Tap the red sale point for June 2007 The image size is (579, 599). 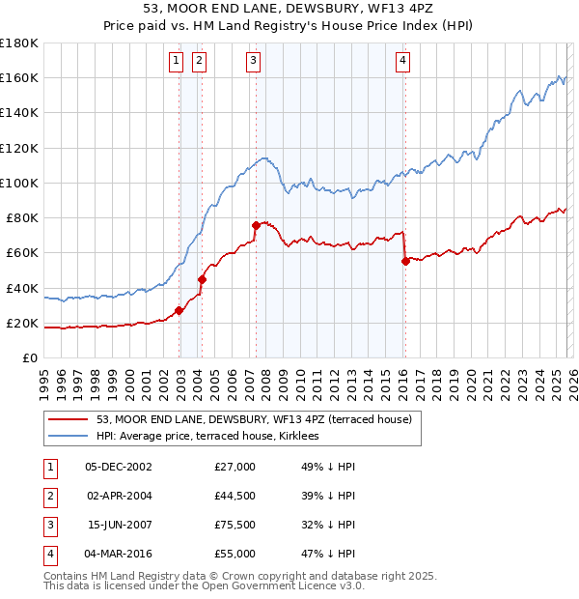click(256, 225)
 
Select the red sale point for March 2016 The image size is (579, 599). click(405, 260)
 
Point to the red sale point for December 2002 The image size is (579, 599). click(179, 310)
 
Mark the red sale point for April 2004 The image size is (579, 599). click(202, 279)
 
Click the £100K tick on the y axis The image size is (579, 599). click(18, 183)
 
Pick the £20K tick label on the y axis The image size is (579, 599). click(21, 323)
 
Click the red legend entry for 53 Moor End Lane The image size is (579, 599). click(254, 419)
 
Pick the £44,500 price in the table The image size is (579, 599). click(235, 496)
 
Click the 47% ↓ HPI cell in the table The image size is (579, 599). click(328, 554)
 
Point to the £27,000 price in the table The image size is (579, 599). click(235, 467)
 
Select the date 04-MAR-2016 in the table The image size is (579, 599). click(120, 554)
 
